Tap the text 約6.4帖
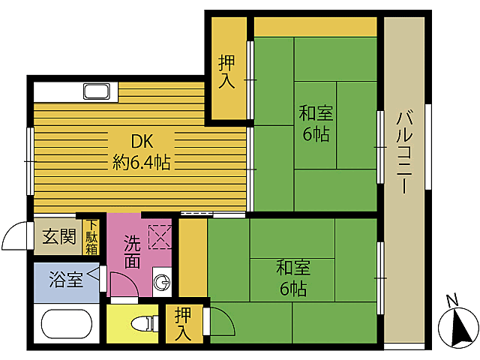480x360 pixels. click(142, 161)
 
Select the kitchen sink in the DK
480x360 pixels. click(97, 92)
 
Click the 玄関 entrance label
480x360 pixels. click(58, 238)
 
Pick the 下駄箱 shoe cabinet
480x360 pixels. click(91, 236)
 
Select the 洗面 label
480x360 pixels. click(132, 252)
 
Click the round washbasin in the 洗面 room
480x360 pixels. click(162, 283)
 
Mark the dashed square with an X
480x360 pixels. click(160, 237)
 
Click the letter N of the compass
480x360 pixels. click(451, 301)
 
